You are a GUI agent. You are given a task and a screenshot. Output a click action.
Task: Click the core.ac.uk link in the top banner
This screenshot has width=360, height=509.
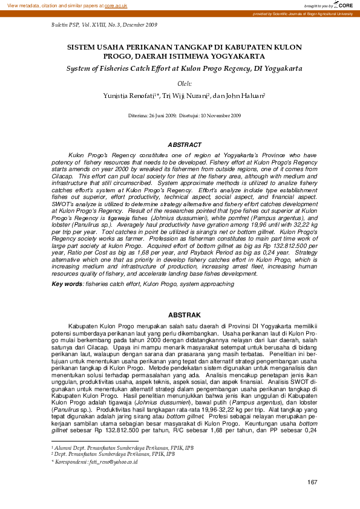[116, 5]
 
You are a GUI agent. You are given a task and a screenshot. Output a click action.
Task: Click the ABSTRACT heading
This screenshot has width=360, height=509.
[185, 145]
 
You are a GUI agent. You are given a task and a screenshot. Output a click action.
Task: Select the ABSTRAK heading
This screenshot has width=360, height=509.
[184, 316]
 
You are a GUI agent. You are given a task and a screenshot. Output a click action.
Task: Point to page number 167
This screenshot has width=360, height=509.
[312, 482]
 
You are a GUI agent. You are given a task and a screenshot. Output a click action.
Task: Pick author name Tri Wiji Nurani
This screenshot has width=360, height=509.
[185, 96]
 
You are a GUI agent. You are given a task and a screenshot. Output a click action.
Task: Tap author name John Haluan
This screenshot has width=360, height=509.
[239, 96]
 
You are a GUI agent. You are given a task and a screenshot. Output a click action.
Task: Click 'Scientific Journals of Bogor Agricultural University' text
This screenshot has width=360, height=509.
[313, 13]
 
